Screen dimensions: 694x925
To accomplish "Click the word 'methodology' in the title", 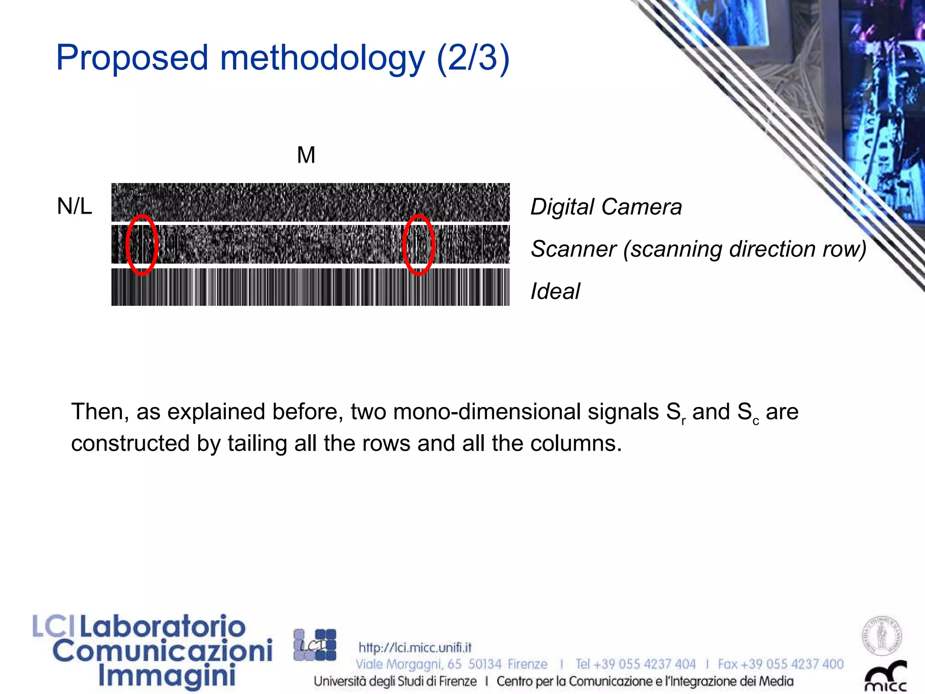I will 322,59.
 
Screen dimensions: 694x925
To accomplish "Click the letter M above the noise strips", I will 306,155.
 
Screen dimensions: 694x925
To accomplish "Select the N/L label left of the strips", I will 75,206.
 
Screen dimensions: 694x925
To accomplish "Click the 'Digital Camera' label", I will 606,207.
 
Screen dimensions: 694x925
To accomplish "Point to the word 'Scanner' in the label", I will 573,249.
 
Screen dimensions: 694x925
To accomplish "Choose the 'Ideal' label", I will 555,291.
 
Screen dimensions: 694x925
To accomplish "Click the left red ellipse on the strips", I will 142,245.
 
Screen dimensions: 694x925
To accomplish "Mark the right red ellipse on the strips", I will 419,245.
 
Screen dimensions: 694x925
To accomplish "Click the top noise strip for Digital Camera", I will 310,202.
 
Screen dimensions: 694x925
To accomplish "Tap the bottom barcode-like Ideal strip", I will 310,287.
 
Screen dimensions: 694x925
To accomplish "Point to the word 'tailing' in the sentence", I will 257,444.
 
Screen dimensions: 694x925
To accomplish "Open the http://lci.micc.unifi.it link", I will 415,647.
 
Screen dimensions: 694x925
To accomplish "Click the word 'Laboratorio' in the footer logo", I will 163,627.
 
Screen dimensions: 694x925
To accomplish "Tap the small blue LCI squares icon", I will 315,645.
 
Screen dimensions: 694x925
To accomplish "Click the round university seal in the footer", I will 882,636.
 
